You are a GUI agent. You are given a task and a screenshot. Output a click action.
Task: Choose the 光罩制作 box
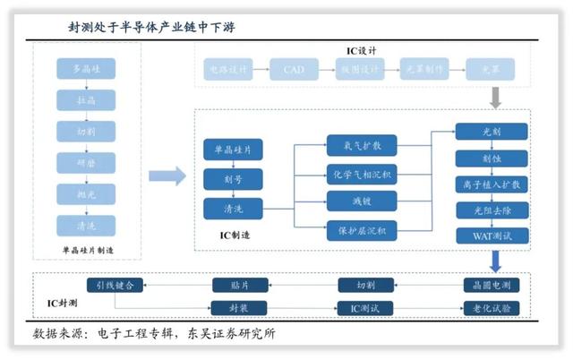point(421,69)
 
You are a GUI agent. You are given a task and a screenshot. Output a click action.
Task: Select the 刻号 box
point(232,178)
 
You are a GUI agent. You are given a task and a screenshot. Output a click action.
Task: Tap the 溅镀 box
point(356,201)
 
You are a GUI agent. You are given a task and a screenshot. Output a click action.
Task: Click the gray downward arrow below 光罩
point(495,96)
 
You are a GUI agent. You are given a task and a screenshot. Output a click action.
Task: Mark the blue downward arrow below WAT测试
point(495,261)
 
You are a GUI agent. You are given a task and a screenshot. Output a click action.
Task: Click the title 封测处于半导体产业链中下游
point(151,27)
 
